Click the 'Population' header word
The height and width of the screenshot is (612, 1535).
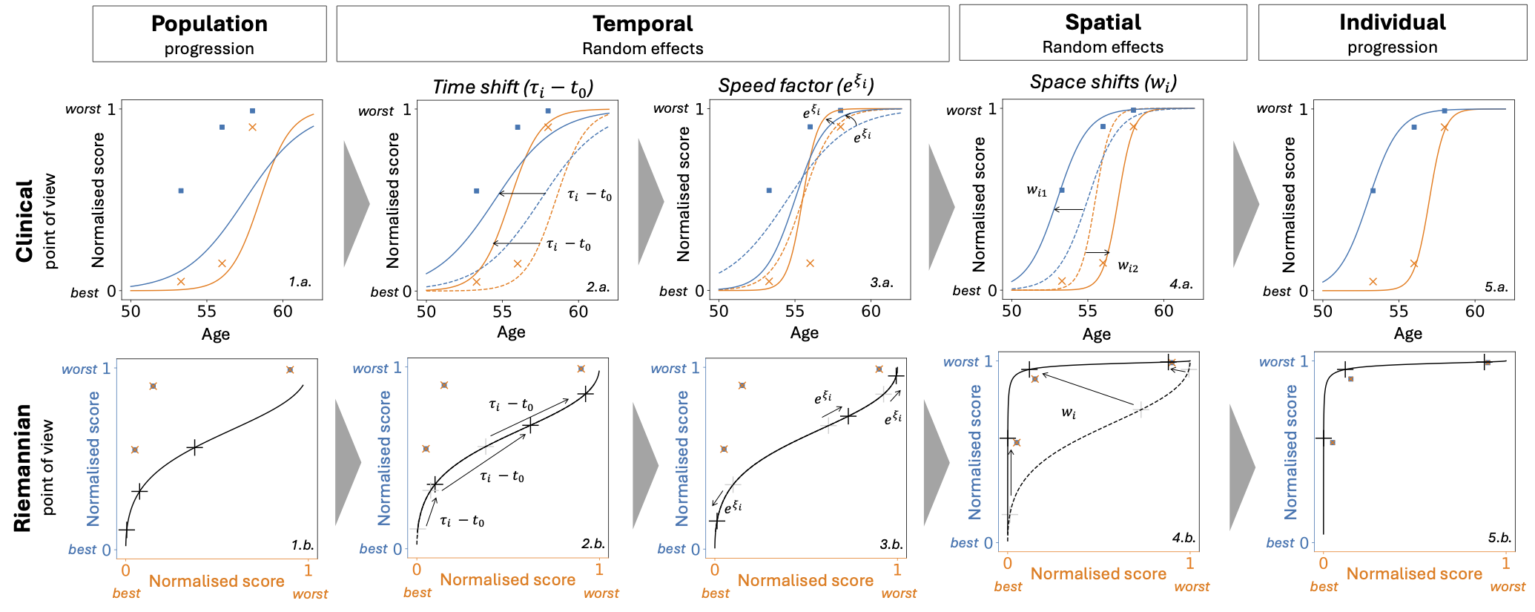(x=209, y=24)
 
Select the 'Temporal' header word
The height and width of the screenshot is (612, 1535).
(x=642, y=24)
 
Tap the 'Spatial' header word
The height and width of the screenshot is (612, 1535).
(x=1103, y=22)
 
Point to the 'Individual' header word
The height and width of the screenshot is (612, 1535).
(x=1392, y=22)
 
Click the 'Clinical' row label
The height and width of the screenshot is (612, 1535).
(x=25, y=220)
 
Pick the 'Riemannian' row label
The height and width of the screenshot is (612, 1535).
(x=22, y=467)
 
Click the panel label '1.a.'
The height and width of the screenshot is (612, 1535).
(x=300, y=282)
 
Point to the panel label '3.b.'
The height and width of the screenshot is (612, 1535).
(x=891, y=544)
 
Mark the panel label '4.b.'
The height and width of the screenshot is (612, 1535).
(x=1183, y=538)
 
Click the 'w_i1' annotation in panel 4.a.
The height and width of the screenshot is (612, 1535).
(x=1037, y=191)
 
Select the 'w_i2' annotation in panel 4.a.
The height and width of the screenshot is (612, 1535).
(x=1127, y=266)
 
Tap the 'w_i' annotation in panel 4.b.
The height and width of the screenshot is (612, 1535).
(x=1069, y=412)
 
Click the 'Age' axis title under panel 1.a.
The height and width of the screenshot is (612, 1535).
(x=216, y=335)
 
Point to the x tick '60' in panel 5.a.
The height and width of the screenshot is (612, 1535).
(x=1474, y=312)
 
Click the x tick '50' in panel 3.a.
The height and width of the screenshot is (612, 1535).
(x=719, y=312)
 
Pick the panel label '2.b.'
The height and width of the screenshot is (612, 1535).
(x=593, y=544)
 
